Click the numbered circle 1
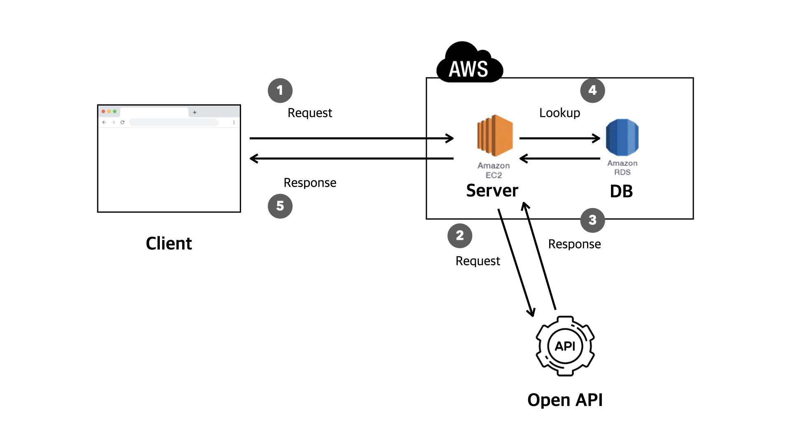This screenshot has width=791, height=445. click(280, 90)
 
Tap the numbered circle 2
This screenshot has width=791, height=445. click(460, 236)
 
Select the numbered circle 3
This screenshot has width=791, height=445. click(592, 220)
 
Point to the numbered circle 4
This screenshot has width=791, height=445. click(592, 90)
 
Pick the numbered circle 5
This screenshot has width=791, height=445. click(280, 206)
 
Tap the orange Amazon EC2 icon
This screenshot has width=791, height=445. click(495, 136)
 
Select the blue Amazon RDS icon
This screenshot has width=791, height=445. click(622, 137)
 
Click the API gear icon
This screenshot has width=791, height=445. click(565, 346)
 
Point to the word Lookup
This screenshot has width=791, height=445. click(559, 113)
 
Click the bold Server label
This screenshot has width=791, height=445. click(492, 191)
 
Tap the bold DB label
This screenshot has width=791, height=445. click(621, 191)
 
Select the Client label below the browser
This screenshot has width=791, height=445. click(169, 244)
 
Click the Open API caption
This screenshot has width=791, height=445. click(565, 400)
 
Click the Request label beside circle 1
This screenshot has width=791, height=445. click(310, 113)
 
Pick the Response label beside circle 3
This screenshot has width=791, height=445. click(574, 244)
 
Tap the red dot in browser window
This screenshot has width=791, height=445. click(103, 111)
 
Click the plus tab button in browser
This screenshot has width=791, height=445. click(194, 112)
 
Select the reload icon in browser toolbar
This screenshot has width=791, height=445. click(122, 122)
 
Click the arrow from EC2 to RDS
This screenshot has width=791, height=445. click(559, 138)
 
